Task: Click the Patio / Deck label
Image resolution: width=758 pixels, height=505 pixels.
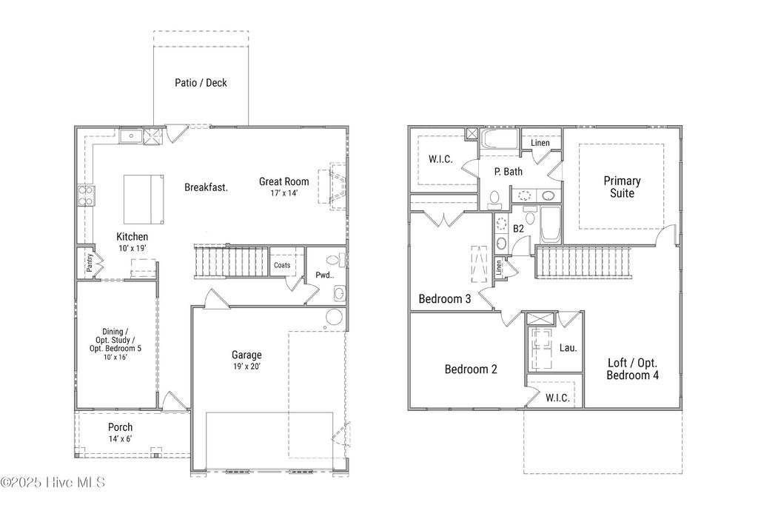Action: coord(201,83)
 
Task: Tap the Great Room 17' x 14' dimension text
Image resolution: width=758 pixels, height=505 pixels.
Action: coord(284,193)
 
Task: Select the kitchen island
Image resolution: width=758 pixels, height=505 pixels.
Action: coord(144,198)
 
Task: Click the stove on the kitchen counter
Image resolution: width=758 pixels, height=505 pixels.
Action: coord(87,195)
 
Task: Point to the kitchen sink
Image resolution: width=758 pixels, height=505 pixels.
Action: coord(133,136)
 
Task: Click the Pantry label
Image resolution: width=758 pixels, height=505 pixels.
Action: coord(88,262)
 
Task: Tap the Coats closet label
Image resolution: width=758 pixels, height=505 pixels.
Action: coord(282,264)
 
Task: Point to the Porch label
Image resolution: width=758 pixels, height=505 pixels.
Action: coord(121,427)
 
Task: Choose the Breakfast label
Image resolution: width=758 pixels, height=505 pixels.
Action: coord(206,187)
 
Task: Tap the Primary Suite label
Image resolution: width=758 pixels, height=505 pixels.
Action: coord(622,187)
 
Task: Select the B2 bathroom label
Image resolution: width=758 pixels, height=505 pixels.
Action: coord(519,230)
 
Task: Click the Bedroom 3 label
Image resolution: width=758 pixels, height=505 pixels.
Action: coord(445,299)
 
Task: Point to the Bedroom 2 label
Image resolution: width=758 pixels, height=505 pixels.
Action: coord(470,369)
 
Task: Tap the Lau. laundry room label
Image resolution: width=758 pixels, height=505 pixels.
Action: coord(568,347)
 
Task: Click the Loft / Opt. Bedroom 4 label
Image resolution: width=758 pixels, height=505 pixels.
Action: coord(632,369)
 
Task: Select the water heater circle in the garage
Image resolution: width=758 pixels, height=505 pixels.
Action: coord(334,318)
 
